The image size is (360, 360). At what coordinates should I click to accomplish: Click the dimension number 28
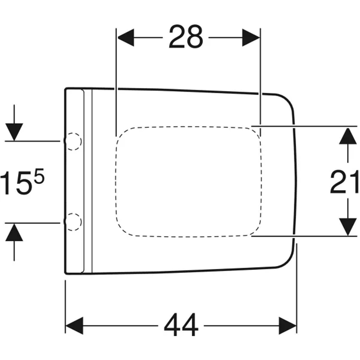coord(186,37)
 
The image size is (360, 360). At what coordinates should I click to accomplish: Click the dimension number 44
coord(181,325)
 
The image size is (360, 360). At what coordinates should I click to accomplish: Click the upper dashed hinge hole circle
coord(73,141)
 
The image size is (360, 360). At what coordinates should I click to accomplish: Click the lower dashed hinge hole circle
coord(73,222)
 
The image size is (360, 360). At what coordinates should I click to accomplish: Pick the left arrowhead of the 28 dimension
coord(126,37)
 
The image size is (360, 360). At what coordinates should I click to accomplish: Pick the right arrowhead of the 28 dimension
coord(251,37)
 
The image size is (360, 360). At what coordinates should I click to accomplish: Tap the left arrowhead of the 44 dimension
coord(75,325)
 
